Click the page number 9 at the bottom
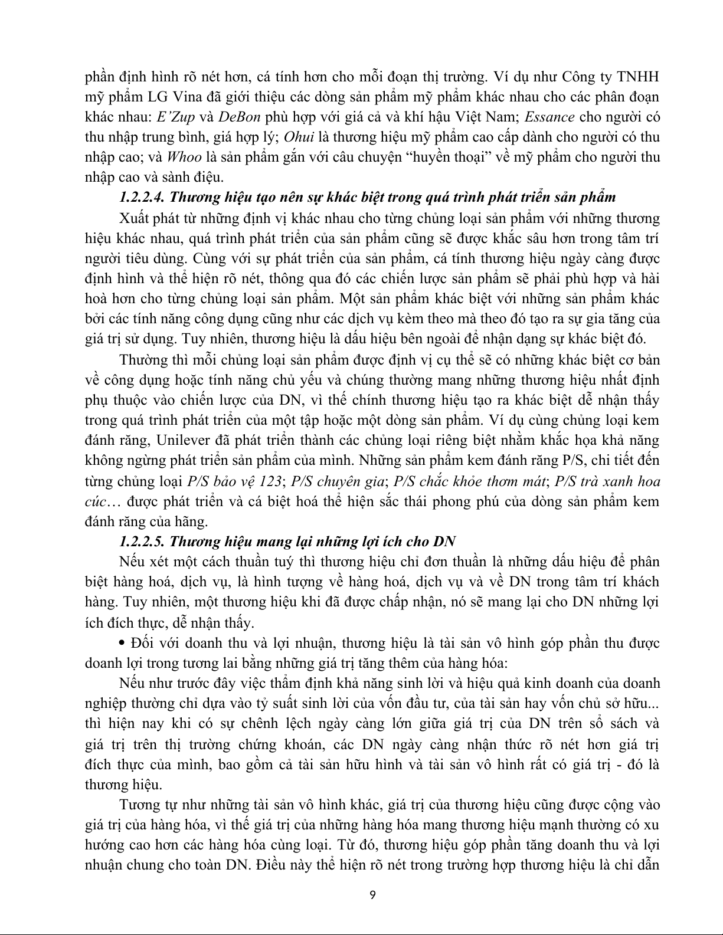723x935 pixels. pos(372,895)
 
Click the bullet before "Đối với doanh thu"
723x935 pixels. pos(123,642)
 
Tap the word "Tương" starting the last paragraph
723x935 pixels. pos(136,805)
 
